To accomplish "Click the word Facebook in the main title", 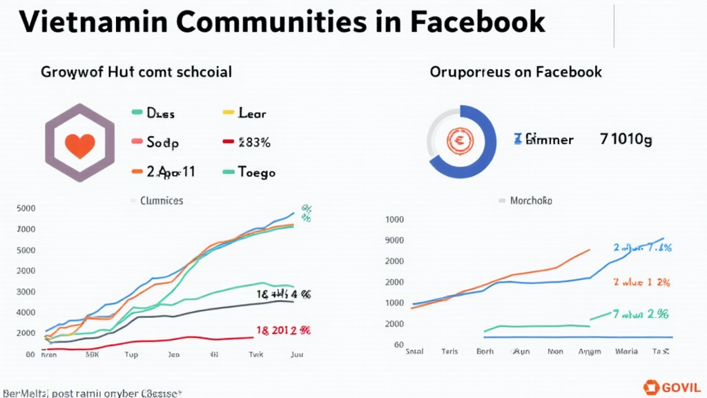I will click(x=477, y=21).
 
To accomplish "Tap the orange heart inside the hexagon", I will click(x=79, y=144).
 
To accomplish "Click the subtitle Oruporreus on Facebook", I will click(x=516, y=72).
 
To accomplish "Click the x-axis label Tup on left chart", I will click(x=130, y=354).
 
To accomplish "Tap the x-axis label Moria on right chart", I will click(x=626, y=351).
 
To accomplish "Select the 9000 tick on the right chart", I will click(x=394, y=240).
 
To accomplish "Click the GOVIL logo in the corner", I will click(x=672, y=387).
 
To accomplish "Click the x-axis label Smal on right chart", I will click(x=414, y=351).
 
